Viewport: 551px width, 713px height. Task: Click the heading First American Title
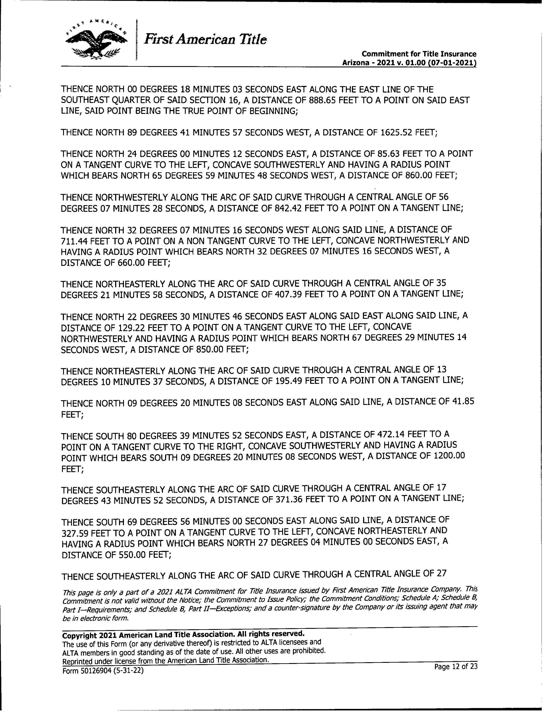pyautogui.click(x=205, y=39)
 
